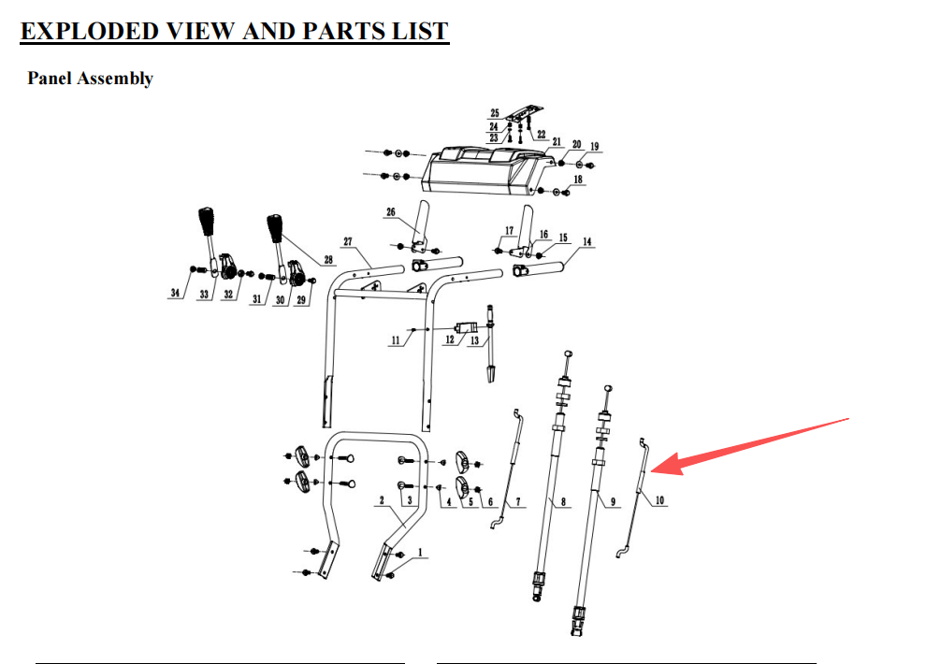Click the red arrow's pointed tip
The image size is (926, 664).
pyautogui.click(x=651, y=471)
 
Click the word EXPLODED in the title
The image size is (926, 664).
pyautogui.click(x=90, y=31)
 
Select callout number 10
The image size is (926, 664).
pyautogui.click(x=659, y=500)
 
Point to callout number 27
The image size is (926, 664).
pyautogui.click(x=348, y=241)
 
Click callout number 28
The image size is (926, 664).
pyautogui.click(x=328, y=260)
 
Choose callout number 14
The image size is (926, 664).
pyautogui.click(x=587, y=241)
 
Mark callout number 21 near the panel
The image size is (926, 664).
pyautogui.click(x=557, y=141)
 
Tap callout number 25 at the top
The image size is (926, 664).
pyautogui.click(x=495, y=113)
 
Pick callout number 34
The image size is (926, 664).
pyautogui.click(x=175, y=293)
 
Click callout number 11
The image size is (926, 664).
pyautogui.click(x=395, y=340)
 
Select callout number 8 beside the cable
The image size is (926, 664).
pyautogui.click(x=563, y=501)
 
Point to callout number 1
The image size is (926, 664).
pyautogui.click(x=421, y=553)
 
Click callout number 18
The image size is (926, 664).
pyautogui.click(x=577, y=179)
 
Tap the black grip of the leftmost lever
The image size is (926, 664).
pyautogui.click(x=206, y=222)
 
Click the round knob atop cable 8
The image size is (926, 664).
pyautogui.click(x=569, y=353)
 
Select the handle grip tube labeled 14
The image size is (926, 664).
pyautogui.click(x=538, y=269)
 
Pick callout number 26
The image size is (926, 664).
pyautogui.click(x=391, y=212)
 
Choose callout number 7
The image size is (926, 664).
pyautogui.click(x=518, y=501)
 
